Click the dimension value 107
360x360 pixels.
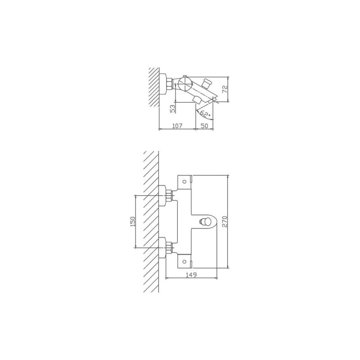pos(177,126)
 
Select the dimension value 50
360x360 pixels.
pos(204,126)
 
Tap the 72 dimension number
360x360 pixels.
pos(225,89)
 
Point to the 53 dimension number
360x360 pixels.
pos(174,108)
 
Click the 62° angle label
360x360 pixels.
pos(205,113)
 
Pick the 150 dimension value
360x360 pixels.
pos(133,221)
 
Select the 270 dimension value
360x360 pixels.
pos(225,222)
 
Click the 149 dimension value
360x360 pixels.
pos(191,274)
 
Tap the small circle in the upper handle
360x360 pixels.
pos(184,182)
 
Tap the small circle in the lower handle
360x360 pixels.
pos(184,261)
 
